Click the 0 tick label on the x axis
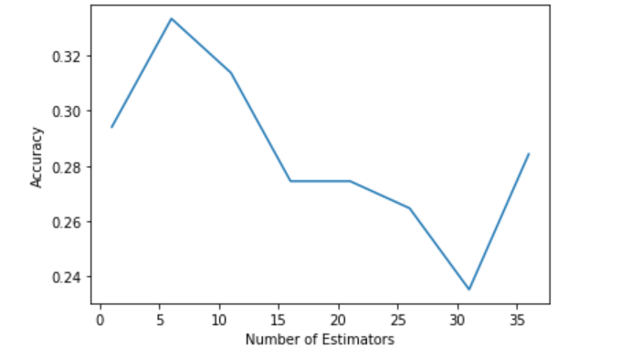[x=100, y=319]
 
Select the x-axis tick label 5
[x=160, y=319]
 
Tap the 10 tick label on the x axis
[x=219, y=319]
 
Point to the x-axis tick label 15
[x=278, y=319]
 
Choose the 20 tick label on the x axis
[x=338, y=319]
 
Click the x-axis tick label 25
[x=397, y=319]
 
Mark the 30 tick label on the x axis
[x=457, y=319]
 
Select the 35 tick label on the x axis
[x=516, y=319]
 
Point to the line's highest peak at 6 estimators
[x=171, y=18]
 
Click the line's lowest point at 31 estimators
[x=468, y=290]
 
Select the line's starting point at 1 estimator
[x=111, y=127]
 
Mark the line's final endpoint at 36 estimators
[x=528, y=154]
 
